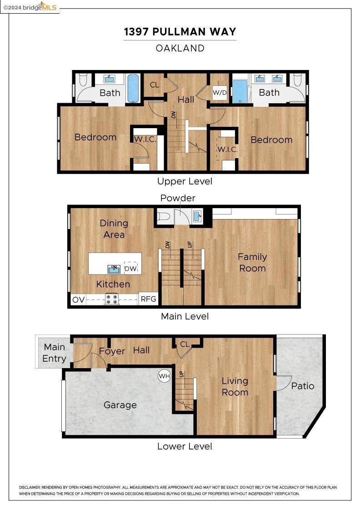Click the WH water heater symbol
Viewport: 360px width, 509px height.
point(164,376)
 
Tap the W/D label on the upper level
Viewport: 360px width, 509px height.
point(220,93)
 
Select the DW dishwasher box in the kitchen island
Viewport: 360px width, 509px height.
point(131,268)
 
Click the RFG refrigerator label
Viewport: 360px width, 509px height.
point(148,299)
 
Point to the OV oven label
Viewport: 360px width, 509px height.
point(79,299)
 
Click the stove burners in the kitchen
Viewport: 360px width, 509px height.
point(112,299)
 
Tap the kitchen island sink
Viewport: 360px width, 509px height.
point(114,269)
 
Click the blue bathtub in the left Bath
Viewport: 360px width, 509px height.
point(133,88)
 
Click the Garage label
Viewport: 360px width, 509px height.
point(120,405)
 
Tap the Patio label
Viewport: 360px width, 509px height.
point(303,386)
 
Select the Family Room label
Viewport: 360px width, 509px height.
point(252,262)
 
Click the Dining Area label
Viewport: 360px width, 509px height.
point(114,229)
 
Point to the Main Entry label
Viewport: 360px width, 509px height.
point(55,353)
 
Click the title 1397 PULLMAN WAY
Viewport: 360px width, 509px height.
point(180,32)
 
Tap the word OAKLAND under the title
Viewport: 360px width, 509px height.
point(180,48)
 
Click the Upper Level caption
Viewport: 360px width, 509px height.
point(185,181)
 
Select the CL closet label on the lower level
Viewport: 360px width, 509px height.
point(185,344)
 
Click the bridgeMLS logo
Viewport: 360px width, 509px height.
point(30,7)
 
